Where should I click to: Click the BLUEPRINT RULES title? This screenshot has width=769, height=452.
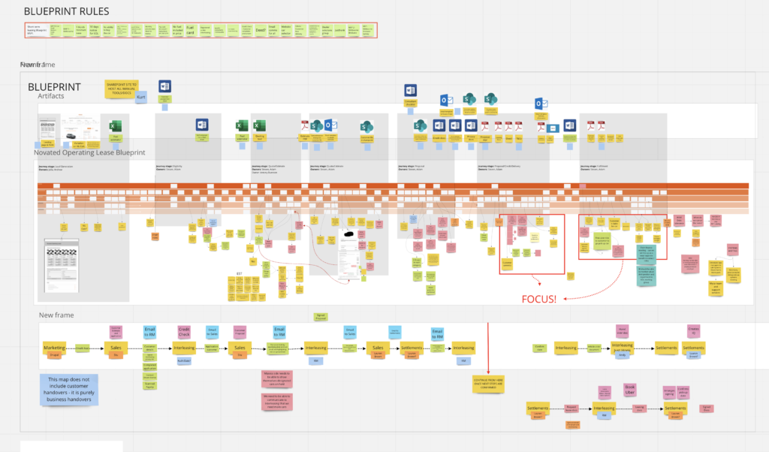click(x=66, y=12)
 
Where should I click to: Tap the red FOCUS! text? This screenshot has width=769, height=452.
click(x=538, y=299)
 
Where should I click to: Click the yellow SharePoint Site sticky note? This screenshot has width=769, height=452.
click(x=122, y=88)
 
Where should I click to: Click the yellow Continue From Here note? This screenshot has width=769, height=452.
click(x=488, y=384)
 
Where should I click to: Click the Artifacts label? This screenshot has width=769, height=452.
click(x=51, y=96)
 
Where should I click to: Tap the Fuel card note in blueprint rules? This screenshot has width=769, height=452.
click(x=191, y=31)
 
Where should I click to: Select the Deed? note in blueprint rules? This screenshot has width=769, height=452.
click(x=260, y=31)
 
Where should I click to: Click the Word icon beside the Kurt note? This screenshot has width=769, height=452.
click(x=165, y=86)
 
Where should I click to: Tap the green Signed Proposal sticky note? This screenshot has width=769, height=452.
click(x=320, y=317)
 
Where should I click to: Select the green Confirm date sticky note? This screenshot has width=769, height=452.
click(x=538, y=348)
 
